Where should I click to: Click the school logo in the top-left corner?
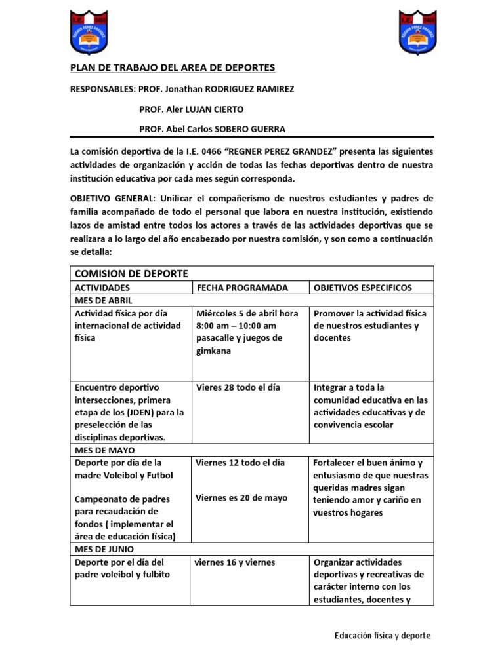pos(89,33)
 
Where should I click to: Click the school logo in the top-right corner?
pos(418,33)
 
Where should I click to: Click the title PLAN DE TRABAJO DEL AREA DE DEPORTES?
pos(173,68)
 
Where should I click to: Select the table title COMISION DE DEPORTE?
pos(131,273)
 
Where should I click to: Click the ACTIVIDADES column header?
pos(102,288)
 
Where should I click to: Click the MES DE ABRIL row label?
pos(104,300)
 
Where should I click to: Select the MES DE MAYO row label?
pos(104,450)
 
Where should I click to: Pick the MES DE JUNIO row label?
pos(105,550)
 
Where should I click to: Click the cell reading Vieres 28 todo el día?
pos(238,387)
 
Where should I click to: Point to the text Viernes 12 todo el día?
pos(240,463)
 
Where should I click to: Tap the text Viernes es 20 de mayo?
pos(241,497)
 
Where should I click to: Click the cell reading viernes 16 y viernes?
pos(235,562)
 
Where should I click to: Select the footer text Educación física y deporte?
pos(383,636)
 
